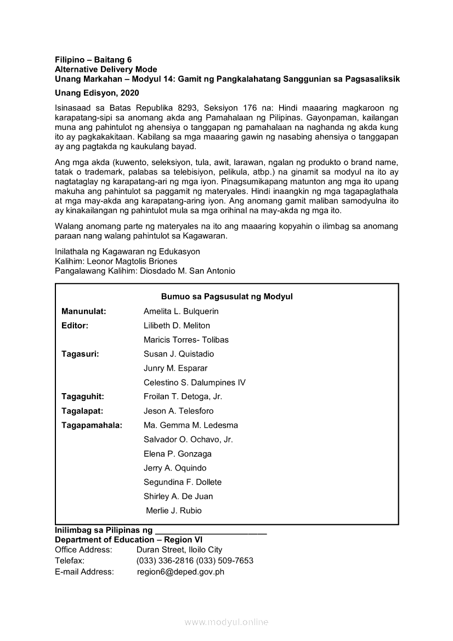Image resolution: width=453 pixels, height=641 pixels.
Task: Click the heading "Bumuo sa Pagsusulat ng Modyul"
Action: point(226,297)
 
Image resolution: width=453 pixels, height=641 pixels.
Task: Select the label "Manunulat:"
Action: point(84,311)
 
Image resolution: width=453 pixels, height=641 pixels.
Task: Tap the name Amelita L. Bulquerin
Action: point(181,311)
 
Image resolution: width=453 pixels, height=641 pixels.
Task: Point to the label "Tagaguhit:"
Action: point(83,396)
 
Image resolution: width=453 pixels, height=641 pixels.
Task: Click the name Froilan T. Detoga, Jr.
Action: point(183,396)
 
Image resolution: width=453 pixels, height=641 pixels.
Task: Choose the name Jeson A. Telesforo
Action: point(179,411)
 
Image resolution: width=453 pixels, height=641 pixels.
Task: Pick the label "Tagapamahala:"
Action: point(92,425)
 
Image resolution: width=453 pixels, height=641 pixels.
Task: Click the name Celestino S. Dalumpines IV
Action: point(195,382)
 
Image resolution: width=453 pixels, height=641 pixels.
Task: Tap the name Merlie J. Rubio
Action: point(174,510)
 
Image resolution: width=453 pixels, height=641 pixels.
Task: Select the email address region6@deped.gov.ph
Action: point(180,572)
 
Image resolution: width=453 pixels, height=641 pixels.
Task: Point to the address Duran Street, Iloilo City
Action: point(179,549)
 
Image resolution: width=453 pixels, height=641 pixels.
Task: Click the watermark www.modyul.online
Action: point(226,622)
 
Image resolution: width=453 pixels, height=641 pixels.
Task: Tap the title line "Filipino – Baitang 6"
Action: point(93,60)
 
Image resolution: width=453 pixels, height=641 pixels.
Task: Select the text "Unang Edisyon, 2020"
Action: point(97,93)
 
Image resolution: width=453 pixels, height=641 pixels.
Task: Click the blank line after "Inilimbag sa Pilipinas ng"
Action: point(211,531)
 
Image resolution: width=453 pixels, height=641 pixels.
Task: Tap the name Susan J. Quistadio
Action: point(179,354)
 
